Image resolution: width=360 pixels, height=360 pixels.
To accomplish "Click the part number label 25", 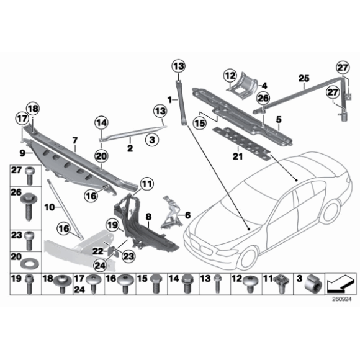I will [x=304, y=78].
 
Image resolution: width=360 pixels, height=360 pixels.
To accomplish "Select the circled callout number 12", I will [x=231, y=77].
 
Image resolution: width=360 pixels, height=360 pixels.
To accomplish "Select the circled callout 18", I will [x=33, y=109].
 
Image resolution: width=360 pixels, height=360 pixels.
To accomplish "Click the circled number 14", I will [x=101, y=122].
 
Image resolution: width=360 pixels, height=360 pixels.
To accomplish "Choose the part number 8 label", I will [x=148, y=217].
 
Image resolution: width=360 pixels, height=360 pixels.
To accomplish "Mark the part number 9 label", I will [x=22, y=151].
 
